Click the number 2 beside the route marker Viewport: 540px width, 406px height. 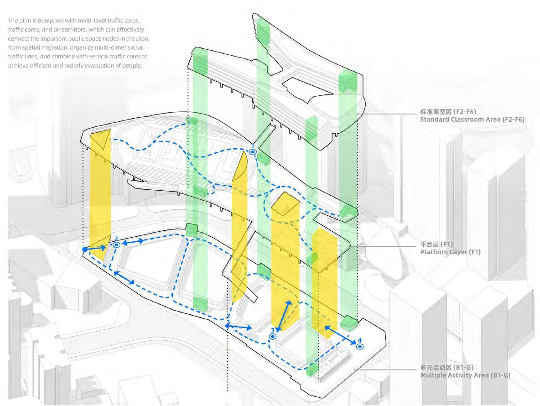point(116,239)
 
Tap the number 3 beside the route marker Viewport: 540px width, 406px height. point(272,330)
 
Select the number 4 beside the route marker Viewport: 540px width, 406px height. point(359,340)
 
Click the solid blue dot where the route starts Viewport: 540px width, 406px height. point(85,250)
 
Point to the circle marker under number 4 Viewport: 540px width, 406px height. point(360,347)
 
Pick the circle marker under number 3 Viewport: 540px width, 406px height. point(273,336)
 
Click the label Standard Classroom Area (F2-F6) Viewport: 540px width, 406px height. point(472,120)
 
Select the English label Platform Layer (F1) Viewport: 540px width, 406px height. point(450,252)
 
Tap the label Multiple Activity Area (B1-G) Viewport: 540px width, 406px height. point(465,375)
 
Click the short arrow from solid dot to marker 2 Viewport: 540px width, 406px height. point(97,248)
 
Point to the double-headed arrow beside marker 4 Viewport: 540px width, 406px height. point(340,335)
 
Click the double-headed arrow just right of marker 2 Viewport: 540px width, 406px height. point(133,242)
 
